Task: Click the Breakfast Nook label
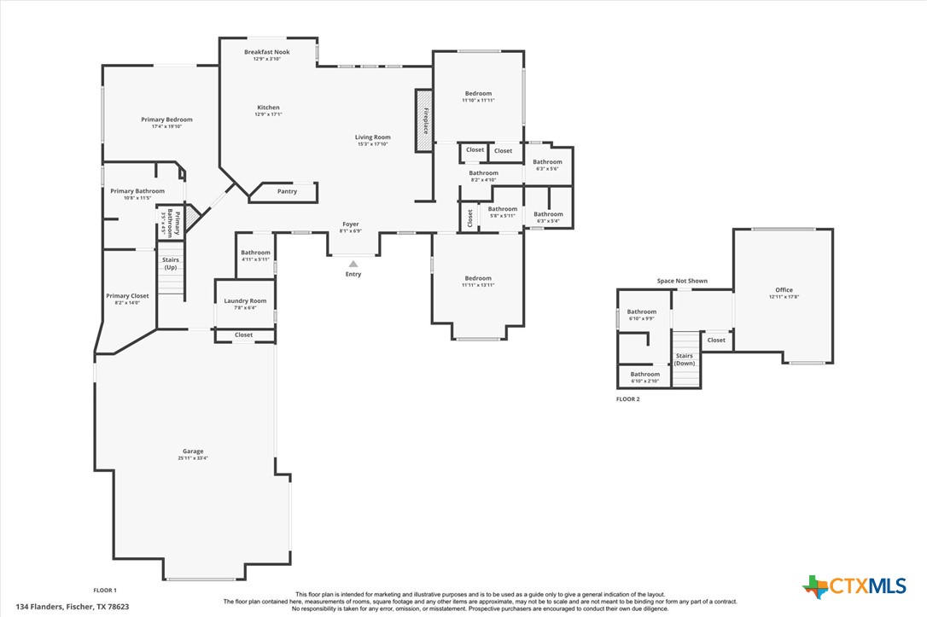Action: [x=266, y=52]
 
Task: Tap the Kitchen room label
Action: [x=268, y=108]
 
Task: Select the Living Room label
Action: [x=373, y=137]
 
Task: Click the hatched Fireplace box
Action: [x=424, y=120]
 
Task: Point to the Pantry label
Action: [x=287, y=191]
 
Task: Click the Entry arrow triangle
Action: [x=353, y=265]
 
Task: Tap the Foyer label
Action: [x=351, y=224]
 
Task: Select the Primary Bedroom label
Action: [x=166, y=119]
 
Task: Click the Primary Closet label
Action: [x=127, y=296]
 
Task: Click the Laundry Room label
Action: [x=245, y=300]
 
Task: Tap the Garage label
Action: [x=193, y=451]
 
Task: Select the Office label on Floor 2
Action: [x=784, y=290]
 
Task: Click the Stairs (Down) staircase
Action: [x=685, y=358]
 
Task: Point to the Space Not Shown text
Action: [x=681, y=281]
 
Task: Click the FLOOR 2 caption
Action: [x=627, y=399]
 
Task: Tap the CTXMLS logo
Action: [x=854, y=586]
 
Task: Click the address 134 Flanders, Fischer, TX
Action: [x=73, y=607]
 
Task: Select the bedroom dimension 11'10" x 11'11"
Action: [x=478, y=101]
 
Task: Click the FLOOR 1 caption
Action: [x=105, y=590]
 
